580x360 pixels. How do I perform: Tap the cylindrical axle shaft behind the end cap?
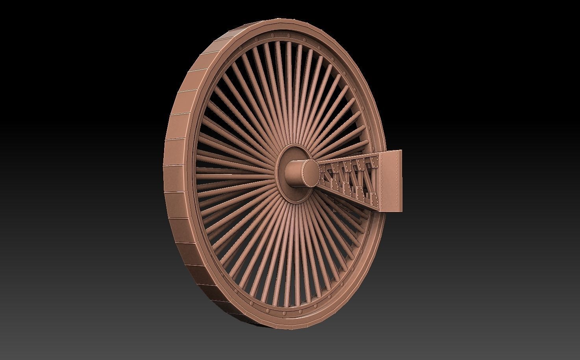tap(293, 173)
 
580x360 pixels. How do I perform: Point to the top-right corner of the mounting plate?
tap(401, 151)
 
